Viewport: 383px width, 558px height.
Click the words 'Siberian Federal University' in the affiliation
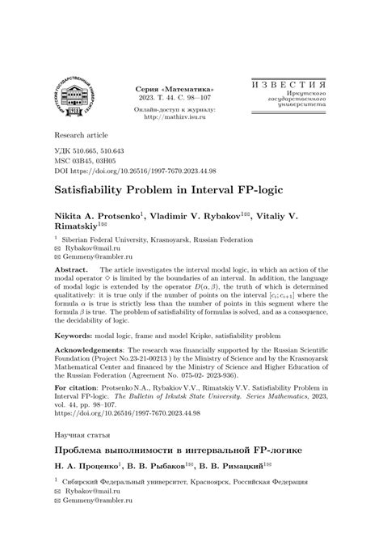(x=113, y=240)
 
